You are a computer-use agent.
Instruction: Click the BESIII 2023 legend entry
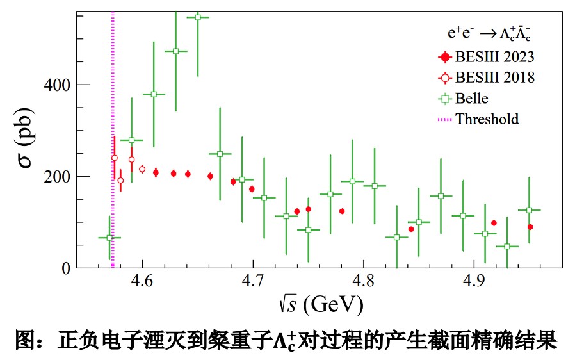(494, 56)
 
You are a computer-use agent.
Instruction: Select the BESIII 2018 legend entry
(494, 78)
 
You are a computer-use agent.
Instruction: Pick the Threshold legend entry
(487, 119)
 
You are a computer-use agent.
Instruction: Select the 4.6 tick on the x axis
(142, 281)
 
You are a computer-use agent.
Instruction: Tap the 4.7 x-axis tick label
(253, 281)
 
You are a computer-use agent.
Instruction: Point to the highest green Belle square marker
(198, 17)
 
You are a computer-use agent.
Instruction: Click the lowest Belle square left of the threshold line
(109, 238)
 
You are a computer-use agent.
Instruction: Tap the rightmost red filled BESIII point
(530, 227)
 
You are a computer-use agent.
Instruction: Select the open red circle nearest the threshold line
(115, 158)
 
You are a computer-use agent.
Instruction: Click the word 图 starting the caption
(24, 340)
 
